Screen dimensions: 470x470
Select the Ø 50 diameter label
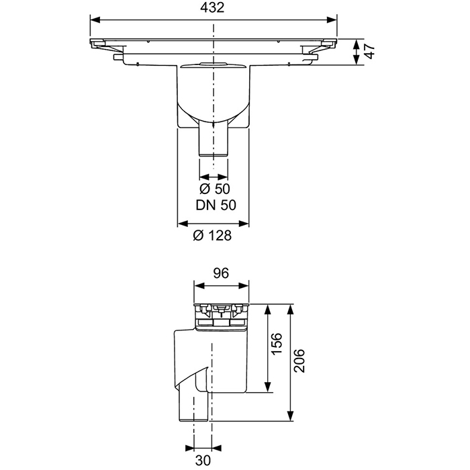[x=215, y=189]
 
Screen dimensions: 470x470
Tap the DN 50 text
[x=215, y=205]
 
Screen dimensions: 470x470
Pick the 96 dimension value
[x=222, y=273]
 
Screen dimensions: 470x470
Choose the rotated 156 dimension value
[x=276, y=348]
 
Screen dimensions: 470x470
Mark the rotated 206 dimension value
[x=299, y=363]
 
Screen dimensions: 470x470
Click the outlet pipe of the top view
[x=214, y=141]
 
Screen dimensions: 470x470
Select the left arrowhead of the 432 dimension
[x=94, y=19]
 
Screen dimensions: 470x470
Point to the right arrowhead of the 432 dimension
[x=334, y=19]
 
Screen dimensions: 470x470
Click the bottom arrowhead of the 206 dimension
[x=290, y=418]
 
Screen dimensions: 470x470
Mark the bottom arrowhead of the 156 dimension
[x=268, y=388]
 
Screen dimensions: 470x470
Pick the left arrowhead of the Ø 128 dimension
[x=180, y=224]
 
